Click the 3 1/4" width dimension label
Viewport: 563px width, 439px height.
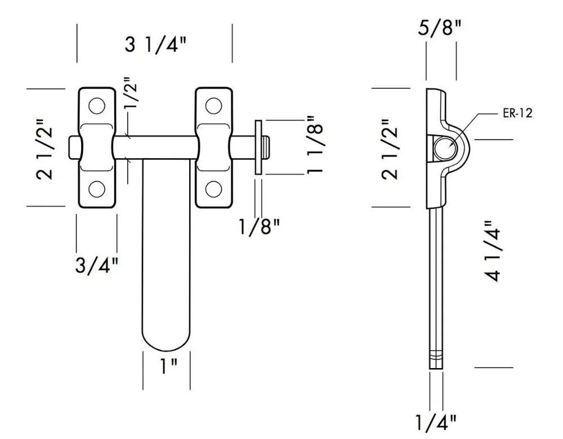click(x=155, y=45)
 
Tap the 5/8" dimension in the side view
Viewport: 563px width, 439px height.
click(x=439, y=27)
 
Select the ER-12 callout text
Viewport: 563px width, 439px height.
click(x=517, y=114)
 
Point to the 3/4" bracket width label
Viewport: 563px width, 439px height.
click(x=97, y=265)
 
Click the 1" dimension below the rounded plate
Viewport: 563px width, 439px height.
click(x=168, y=366)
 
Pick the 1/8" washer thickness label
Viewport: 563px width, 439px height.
click(x=259, y=226)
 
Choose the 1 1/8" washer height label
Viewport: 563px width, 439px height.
click(x=315, y=145)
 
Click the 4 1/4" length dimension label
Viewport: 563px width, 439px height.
click(x=491, y=251)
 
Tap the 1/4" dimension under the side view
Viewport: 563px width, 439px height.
click(x=436, y=423)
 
